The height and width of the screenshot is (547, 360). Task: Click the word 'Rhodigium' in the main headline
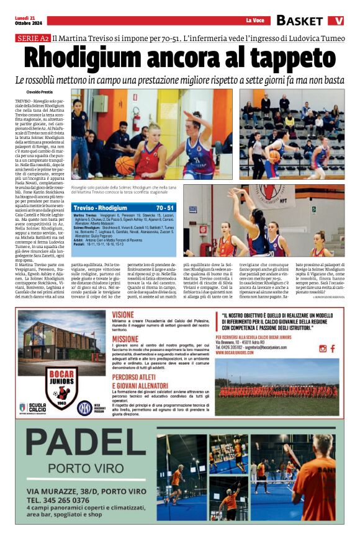(94, 59)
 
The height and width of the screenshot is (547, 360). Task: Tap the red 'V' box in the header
(336, 20)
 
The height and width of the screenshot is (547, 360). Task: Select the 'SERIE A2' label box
(33, 38)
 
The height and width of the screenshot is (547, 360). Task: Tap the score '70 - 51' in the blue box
(165, 208)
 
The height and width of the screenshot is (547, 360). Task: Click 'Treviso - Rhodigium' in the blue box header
(100, 208)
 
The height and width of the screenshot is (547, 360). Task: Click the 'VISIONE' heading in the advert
(124, 314)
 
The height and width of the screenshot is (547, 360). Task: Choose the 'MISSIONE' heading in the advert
(126, 339)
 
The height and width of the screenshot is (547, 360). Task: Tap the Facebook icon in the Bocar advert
(323, 349)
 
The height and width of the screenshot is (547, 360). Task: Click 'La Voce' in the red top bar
(254, 20)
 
